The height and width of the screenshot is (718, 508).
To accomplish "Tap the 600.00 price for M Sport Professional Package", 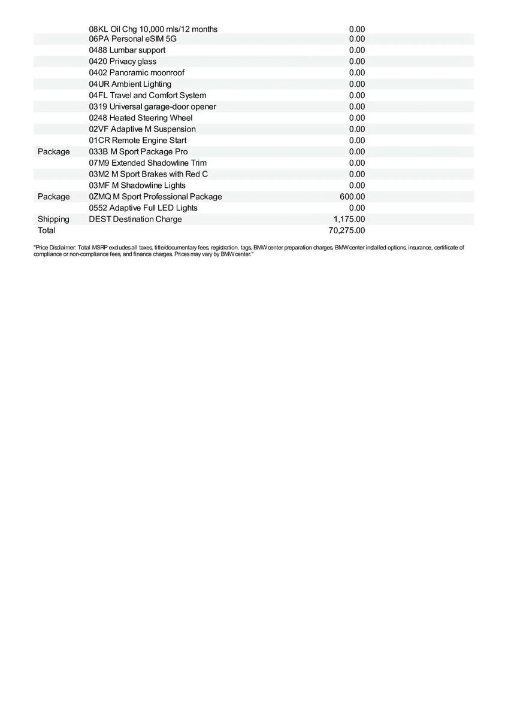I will [352, 197].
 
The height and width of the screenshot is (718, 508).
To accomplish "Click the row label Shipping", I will [53, 219].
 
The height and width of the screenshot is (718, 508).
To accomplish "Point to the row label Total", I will [46, 230].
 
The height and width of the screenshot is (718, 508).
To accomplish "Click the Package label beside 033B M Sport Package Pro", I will [53, 152].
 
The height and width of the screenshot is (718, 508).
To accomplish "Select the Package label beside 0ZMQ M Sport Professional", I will [53, 197].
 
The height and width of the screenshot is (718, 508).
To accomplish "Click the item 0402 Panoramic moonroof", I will [137, 72].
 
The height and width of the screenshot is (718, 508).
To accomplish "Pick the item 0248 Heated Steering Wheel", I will [141, 118].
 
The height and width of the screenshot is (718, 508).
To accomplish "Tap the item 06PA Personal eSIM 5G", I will [132, 39].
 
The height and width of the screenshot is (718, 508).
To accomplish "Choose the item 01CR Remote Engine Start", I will [137, 141].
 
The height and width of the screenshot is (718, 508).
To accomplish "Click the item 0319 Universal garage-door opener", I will [152, 107].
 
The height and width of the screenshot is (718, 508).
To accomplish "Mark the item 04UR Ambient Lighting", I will [130, 84].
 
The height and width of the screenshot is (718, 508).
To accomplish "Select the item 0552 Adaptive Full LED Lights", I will [143, 208].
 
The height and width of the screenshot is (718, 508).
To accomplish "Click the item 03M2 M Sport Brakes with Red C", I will [149, 174].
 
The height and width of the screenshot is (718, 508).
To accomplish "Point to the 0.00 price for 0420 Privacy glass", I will [357, 62].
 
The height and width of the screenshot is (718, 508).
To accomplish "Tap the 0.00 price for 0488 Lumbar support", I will [357, 50].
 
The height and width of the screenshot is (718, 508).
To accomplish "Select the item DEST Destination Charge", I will [135, 219].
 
